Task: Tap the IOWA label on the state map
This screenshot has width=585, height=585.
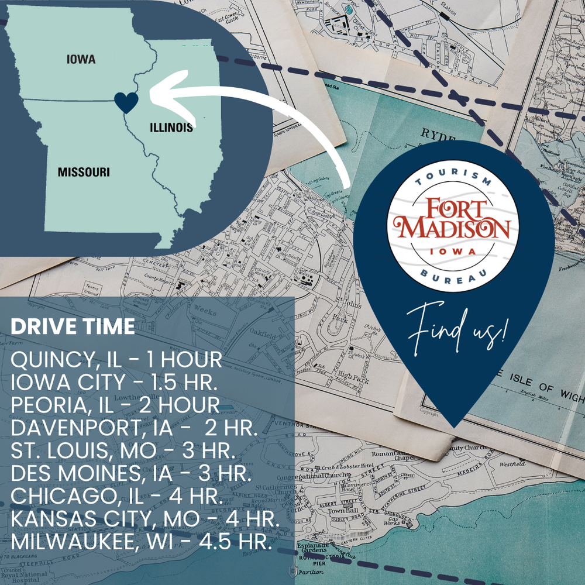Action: click(x=81, y=60)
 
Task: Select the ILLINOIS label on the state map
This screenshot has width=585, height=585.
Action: click(x=171, y=128)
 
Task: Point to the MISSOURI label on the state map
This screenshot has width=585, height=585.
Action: click(x=84, y=172)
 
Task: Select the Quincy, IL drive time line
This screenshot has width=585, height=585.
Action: click(x=116, y=360)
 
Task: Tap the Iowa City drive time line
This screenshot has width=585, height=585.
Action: click(x=115, y=383)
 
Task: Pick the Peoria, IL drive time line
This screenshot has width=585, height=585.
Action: click(x=115, y=405)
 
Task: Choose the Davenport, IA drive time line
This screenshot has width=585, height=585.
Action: click(x=135, y=428)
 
